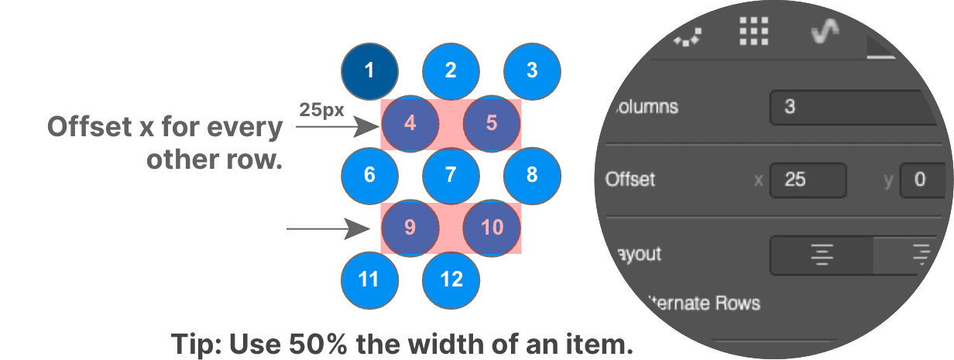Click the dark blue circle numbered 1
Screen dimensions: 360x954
[x=369, y=71]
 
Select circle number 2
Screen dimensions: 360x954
[x=451, y=71]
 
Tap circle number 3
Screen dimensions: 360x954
[x=531, y=71]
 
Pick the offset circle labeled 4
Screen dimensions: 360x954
[x=410, y=123]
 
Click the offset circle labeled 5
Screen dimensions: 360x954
[x=491, y=123]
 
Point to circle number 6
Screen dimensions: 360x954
[x=369, y=175]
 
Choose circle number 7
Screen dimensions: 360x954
[x=451, y=175]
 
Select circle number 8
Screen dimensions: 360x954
[x=531, y=175]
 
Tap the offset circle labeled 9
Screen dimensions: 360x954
[x=410, y=228]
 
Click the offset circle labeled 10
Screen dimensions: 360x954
[x=491, y=228]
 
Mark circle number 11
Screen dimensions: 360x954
[x=369, y=279]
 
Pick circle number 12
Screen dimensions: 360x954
[x=451, y=279]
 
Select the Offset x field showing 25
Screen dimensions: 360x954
[x=807, y=180]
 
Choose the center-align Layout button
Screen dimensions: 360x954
[x=822, y=255]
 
